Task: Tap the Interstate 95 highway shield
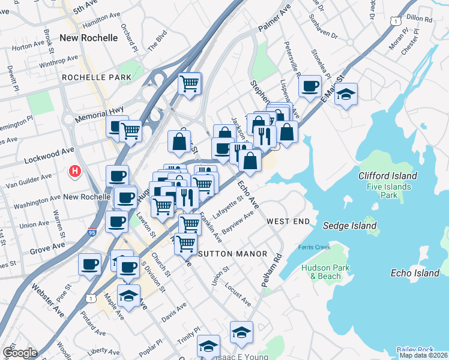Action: [x=83, y=230]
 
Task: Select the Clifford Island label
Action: [x=387, y=176]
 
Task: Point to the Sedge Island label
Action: [x=350, y=226]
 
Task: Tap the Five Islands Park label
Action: [x=390, y=191]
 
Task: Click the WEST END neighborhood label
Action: [x=288, y=221]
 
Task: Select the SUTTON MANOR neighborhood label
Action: [x=232, y=254]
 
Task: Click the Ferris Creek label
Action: [x=310, y=247]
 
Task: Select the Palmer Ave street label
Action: [x=274, y=26]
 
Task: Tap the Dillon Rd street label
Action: [x=419, y=20]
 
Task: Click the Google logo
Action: [x=20, y=353]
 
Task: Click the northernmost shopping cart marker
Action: [x=190, y=83]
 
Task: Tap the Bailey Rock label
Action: [x=414, y=350]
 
